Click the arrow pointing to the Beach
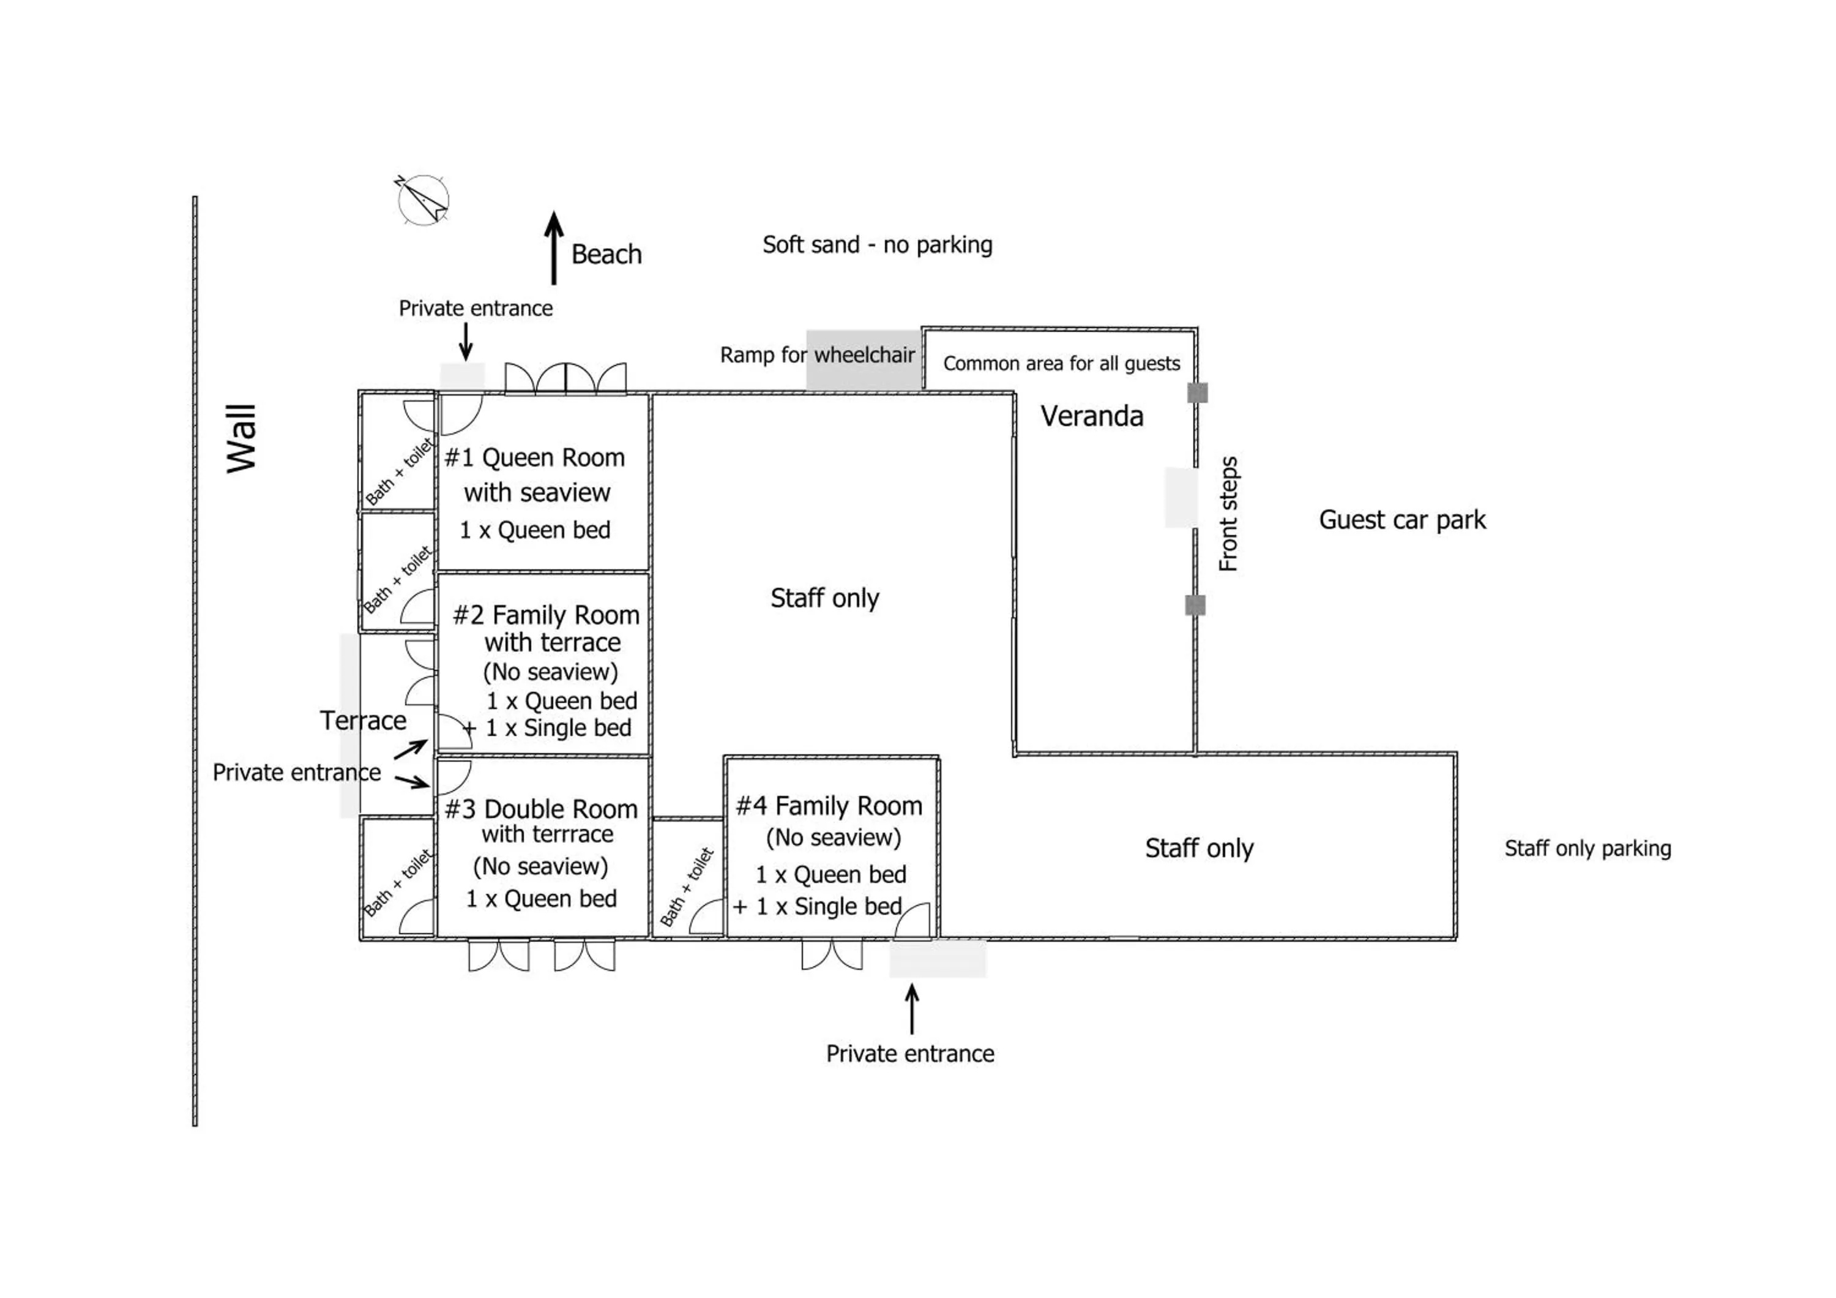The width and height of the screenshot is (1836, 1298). pos(553,248)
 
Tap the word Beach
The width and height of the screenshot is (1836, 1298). pos(606,254)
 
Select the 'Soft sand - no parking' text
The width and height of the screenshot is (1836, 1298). pos(877,245)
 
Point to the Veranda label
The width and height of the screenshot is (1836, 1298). pos(1092,416)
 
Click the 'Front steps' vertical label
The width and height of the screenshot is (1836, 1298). pos(1228,514)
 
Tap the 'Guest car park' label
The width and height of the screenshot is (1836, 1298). pos(1402,520)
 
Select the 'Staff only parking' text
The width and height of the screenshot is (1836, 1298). pos(1588,849)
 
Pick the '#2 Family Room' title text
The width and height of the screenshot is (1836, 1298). pos(546,615)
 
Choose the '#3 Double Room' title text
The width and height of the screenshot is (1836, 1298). pos(542,809)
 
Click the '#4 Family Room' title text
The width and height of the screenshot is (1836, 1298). pos(829,805)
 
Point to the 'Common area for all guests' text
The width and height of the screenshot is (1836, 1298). pos(1061,364)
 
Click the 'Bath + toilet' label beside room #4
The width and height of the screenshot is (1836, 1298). pos(685,886)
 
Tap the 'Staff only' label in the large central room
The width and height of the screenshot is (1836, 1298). pos(824,598)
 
